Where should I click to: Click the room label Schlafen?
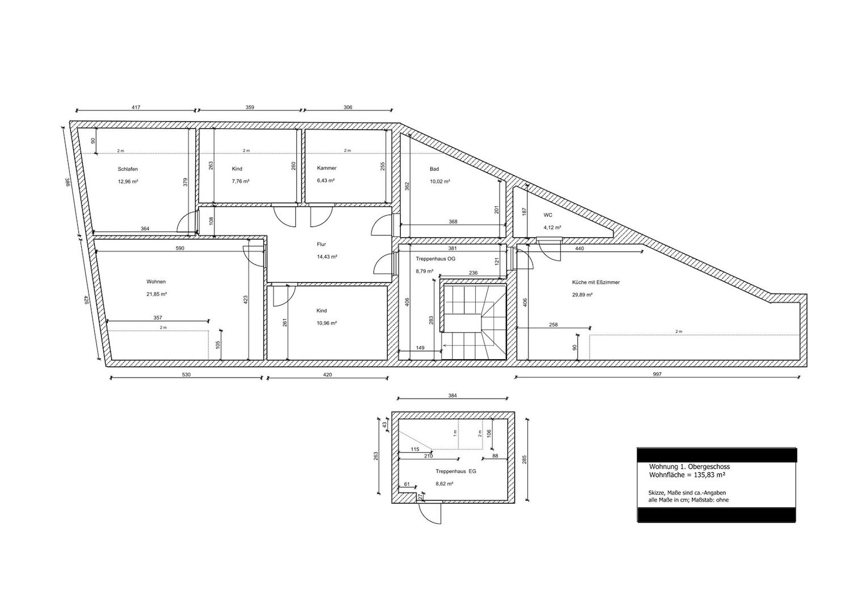tap(128, 169)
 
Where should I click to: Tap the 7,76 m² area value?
tap(240, 181)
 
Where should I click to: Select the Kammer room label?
tap(326, 168)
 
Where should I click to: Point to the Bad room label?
tap(434, 169)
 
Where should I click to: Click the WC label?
tap(548, 215)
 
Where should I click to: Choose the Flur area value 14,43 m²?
tap(326, 257)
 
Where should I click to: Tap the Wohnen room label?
tap(156, 282)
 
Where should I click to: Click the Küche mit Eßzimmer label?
tap(596, 283)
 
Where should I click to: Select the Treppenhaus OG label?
tap(435, 258)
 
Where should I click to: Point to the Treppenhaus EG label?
tap(456, 472)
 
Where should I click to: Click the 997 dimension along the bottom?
tap(657, 374)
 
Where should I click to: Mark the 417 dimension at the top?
tap(136, 107)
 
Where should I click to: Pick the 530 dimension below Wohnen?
tap(187, 375)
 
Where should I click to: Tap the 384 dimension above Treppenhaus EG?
tap(452, 396)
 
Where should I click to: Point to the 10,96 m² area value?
tap(326, 323)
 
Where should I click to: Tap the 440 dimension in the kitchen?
tap(579, 249)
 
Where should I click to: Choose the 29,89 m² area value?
tap(582, 295)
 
